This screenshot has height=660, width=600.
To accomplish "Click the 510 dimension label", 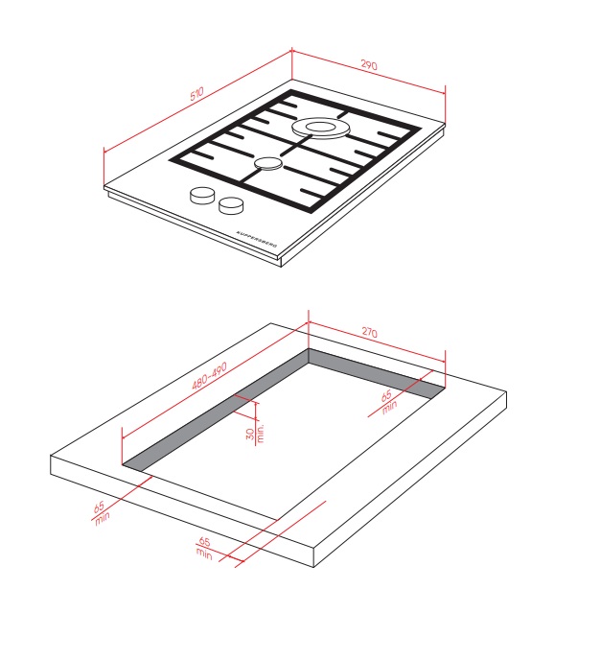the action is click(x=196, y=94).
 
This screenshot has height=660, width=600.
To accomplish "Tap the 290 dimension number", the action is click(x=369, y=65).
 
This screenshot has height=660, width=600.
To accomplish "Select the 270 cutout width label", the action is click(x=370, y=332).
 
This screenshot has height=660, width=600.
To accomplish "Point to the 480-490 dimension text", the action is click(x=209, y=375).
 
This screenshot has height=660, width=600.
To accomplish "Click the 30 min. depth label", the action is click(x=255, y=434).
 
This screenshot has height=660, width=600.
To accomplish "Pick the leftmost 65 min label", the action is click(x=101, y=512).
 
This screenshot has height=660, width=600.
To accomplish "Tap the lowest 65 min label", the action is click(x=204, y=548).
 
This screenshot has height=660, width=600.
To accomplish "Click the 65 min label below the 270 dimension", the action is click(x=387, y=402).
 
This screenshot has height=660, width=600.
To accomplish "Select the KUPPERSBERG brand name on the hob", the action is click(x=257, y=239).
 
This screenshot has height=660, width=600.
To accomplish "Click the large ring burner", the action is click(x=321, y=128).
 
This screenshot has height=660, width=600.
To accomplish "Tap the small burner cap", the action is click(x=267, y=163).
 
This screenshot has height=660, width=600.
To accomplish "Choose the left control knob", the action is click(x=202, y=196).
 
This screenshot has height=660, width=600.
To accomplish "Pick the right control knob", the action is click(x=231, y=205).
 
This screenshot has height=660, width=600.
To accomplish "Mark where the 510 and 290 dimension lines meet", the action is click(x=291, y=52).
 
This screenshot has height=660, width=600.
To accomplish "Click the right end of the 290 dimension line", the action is click(x=445, y=93).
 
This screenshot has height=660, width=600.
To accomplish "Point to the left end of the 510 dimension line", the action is click(x=104, y=153).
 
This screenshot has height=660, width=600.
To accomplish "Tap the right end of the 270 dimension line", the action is click(x=445, y=361).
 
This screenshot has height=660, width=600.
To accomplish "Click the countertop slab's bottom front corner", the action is click(x=314, y=567).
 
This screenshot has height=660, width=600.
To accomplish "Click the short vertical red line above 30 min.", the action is click(x=256, y=411).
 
